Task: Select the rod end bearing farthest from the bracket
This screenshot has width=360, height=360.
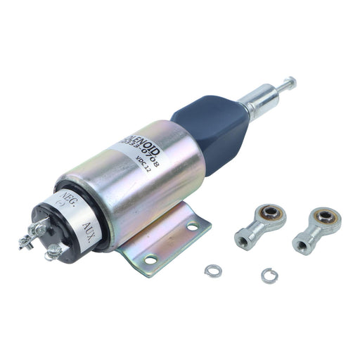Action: tap(314, 229)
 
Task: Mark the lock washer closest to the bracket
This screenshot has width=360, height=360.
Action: tap(210, 270)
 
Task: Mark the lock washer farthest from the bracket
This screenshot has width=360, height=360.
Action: tap(268, 275)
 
